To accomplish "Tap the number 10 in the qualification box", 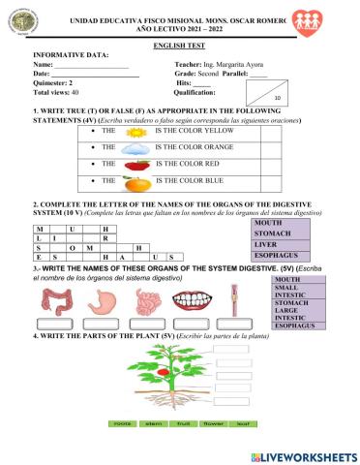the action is point(278,98).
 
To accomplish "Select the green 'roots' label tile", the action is point(123,424).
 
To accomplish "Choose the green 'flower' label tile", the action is point(212,424).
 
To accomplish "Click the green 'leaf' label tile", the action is point(242,424).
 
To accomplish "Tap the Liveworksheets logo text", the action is point(302,454).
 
